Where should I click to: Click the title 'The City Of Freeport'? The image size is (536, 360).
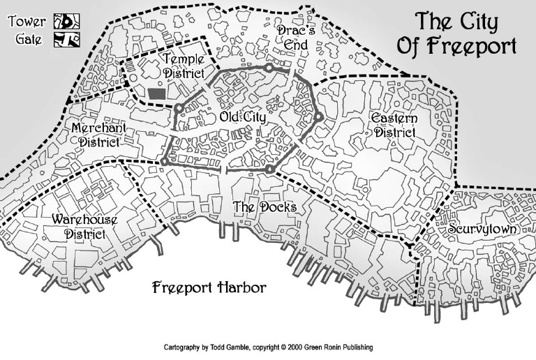(x=456, y=34)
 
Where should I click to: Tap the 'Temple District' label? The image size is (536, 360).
(x=184, y=66)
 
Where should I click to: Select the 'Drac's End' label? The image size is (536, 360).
(x=292, y=38)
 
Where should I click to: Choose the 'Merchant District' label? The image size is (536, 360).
(x=98, y=135)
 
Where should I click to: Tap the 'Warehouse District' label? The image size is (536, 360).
(x=84, y=227)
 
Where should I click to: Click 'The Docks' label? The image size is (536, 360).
(x=265, y=207)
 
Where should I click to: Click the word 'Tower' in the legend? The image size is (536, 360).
(x=26, y=21)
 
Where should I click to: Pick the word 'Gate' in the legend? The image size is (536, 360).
(x=29, y=39)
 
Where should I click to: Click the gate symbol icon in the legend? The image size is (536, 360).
(x=63, y=40)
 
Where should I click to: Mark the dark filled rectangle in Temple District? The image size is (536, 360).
(x=156, y=93)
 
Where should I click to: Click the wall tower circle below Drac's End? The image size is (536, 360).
(x=269, y=68)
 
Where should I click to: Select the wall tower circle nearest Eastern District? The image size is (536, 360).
(x=318, y=117)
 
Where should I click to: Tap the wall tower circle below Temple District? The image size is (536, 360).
(x=179, y=108)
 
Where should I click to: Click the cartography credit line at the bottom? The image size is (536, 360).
(x=267, y=347)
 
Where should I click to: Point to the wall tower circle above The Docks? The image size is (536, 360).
(x=269, y=169)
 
